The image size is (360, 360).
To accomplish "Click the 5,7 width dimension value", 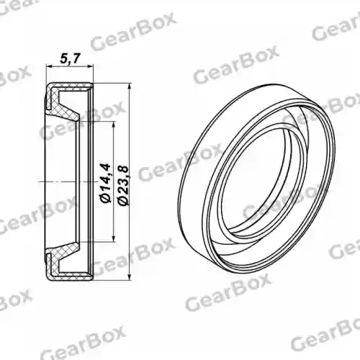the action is (x=69, y=59).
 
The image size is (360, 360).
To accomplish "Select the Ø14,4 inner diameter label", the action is (x=105, y=184).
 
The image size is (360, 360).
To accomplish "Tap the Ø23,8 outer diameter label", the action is (x=124, y=186).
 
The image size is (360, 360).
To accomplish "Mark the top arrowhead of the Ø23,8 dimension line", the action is (x=130, y=87).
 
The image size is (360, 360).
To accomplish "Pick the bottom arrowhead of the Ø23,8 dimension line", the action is (x=130, y=276).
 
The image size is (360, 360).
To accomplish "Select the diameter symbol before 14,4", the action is (x=106, y=199).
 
